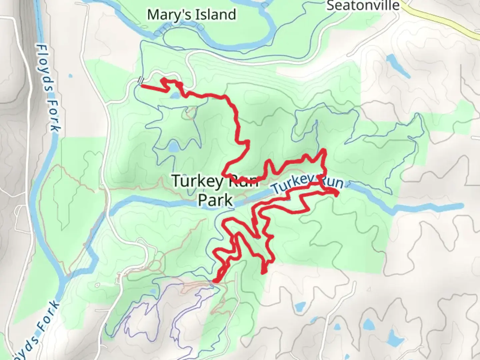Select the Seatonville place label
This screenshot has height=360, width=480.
(x=363, y=5)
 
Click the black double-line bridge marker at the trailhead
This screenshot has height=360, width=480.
(x=141, y=80)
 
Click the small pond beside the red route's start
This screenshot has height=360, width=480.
(x=174, y=96)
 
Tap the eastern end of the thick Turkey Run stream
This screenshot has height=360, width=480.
(x=461, y=206)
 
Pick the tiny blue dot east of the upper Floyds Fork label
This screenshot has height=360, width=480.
(x=70, y=76)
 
